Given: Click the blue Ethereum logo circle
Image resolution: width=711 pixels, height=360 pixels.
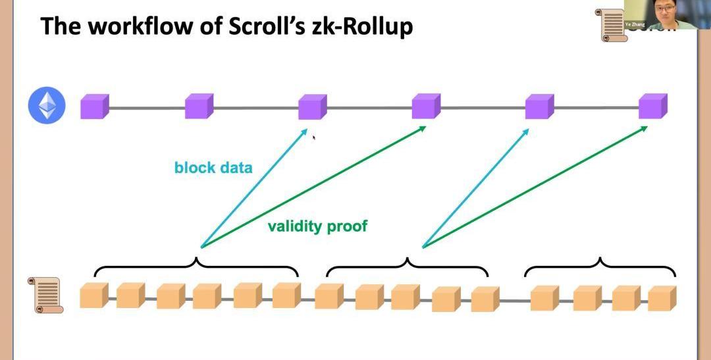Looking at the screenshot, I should (x=47, y=106).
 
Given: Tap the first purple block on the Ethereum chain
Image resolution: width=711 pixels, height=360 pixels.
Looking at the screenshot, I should (x=94, y=106).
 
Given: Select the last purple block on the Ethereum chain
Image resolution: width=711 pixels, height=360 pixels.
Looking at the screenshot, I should (x=652, y=106).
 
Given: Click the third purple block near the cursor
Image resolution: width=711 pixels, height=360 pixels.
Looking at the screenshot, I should (x=312, y=106).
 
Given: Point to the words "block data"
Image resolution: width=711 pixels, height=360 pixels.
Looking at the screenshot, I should (x=213, y=168).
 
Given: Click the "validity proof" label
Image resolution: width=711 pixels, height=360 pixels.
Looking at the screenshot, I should (x=317, y=226).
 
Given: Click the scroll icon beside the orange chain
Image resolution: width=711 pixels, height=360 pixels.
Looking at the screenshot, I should (x=45, y=295).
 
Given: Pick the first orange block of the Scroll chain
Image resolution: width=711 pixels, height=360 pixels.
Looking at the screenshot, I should (x=93, y=296).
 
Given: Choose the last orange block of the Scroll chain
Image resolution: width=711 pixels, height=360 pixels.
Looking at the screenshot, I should (x=662, y=297).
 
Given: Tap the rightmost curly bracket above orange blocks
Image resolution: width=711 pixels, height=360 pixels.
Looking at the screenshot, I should (x=600, y=266).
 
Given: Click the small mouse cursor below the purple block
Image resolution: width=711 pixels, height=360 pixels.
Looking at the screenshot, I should (x=314, y=138).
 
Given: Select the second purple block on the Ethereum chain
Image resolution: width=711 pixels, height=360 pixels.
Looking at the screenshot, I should (x=199, y=106).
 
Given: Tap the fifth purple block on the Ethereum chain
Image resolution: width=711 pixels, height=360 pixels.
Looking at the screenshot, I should (x=539, y=106).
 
